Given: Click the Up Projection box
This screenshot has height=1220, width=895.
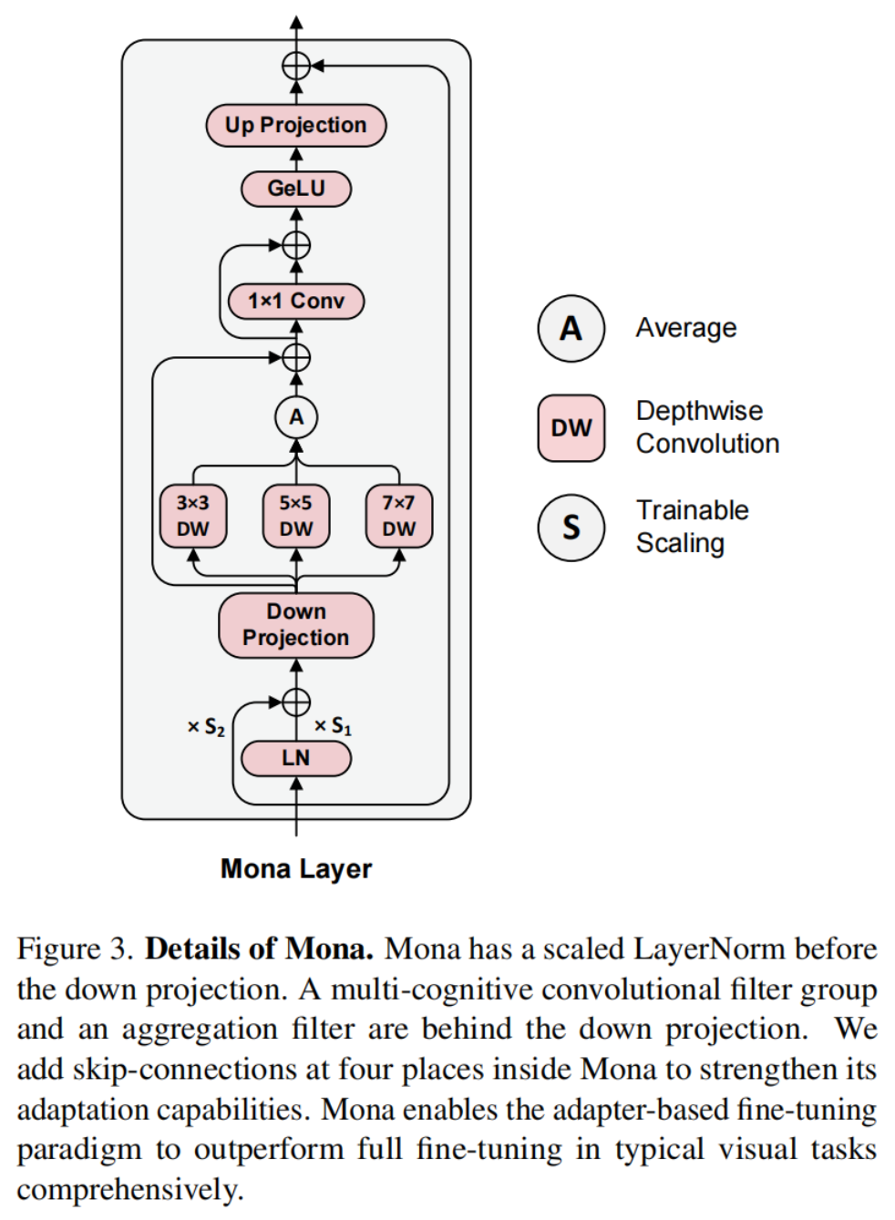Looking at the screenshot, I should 295,125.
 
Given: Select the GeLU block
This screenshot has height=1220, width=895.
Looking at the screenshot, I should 295,189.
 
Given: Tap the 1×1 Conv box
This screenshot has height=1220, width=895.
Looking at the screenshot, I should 295,301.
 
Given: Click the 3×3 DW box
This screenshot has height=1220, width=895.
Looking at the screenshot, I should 192,516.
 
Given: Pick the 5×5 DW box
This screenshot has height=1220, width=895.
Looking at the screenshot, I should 295,516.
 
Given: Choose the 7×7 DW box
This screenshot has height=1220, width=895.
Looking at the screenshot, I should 398,516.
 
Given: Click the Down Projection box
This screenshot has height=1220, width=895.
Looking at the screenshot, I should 295,625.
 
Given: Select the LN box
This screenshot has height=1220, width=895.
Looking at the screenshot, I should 295,758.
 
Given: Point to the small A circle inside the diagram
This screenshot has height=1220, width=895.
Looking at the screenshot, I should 295,417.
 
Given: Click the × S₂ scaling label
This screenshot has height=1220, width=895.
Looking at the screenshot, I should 206,727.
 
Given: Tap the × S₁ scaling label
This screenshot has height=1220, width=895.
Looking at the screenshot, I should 333,726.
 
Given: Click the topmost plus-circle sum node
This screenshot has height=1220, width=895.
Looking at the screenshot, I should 295,66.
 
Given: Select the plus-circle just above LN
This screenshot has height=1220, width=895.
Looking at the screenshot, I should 295,702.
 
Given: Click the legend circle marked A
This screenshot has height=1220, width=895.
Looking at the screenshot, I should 571,328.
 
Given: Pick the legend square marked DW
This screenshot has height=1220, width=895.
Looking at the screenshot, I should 571,427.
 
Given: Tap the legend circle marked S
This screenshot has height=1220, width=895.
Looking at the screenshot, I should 571,527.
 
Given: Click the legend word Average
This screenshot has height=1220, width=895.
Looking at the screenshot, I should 685,328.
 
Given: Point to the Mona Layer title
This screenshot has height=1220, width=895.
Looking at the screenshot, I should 295,869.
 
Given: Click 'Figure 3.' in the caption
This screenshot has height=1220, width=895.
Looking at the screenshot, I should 76,949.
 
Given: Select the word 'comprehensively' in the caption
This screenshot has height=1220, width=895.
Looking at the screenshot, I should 129,1190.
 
